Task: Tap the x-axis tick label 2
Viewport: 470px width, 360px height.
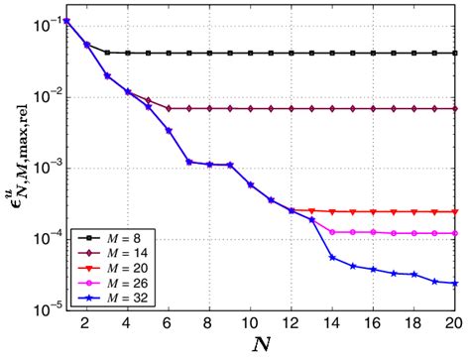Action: pos(86,322)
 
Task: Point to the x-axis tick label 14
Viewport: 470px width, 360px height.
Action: pos(332,322)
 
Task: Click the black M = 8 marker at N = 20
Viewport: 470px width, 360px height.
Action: pos(455,53)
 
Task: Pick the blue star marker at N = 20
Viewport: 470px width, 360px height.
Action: pos(455,284)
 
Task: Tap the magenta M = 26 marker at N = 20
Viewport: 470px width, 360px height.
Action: pos(455,233)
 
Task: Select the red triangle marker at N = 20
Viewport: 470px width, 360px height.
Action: pos(455,211)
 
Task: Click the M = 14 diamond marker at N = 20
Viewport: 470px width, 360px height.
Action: pos(455,108)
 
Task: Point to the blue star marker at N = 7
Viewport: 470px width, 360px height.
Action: pos(188,162)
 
